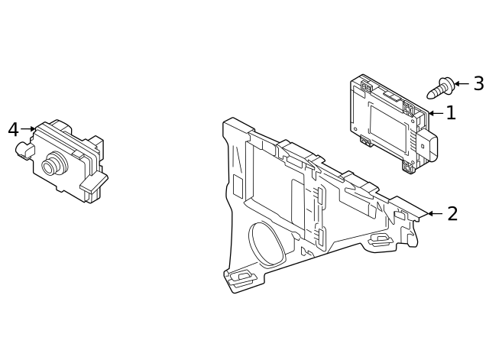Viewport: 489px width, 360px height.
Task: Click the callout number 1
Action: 451,113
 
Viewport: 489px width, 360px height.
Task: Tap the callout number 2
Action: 452,214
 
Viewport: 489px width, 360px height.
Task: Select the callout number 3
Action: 478,83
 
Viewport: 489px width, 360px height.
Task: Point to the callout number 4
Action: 13,130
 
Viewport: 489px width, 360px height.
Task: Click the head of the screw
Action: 445,83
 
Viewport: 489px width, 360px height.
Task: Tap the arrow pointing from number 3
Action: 461,83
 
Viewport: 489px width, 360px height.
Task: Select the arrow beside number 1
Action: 436,113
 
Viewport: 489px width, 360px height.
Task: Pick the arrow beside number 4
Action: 28,129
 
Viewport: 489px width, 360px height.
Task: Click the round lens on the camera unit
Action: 53,164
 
